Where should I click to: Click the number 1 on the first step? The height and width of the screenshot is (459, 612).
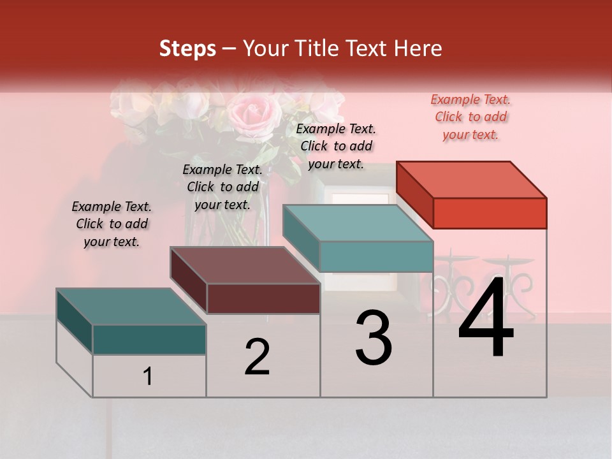coord(148,377)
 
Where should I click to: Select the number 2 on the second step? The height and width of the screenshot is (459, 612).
coord(257,356)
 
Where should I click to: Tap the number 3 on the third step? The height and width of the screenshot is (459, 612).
coord(374,338)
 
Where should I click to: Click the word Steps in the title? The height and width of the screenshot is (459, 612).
coord(187,48)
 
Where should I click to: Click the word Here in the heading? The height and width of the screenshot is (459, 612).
coord(418,48)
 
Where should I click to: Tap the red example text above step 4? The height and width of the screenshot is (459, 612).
coord(470,117)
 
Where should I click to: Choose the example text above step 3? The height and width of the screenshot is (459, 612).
coord(337,146)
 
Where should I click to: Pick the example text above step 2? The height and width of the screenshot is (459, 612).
coord(222,187)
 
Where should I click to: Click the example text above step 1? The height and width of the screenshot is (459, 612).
coord(112,224)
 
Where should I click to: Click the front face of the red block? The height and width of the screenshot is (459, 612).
coord(490,213)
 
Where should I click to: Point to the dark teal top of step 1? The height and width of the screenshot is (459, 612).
coord(131,307)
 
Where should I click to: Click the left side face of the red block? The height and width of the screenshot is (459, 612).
coord(414,194)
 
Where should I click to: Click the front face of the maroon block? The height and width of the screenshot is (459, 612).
coord(263,298)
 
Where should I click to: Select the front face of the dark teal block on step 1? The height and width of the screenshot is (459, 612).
coord(149,339)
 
